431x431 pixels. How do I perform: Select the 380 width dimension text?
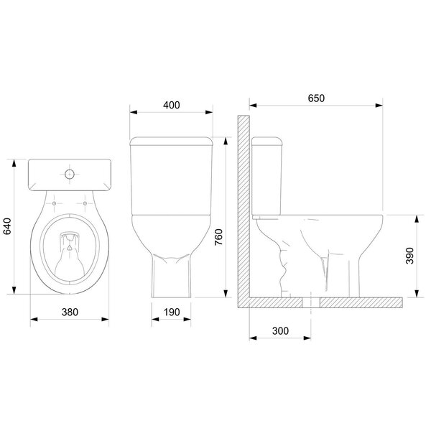pos(69,312)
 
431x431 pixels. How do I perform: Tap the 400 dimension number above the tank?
pos(171,105)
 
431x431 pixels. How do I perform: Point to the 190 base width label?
pos(171,312)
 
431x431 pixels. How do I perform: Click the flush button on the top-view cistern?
pos(70,174)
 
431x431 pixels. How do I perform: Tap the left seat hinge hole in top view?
pos(55,203)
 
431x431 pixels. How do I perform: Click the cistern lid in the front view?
pos(171,139)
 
